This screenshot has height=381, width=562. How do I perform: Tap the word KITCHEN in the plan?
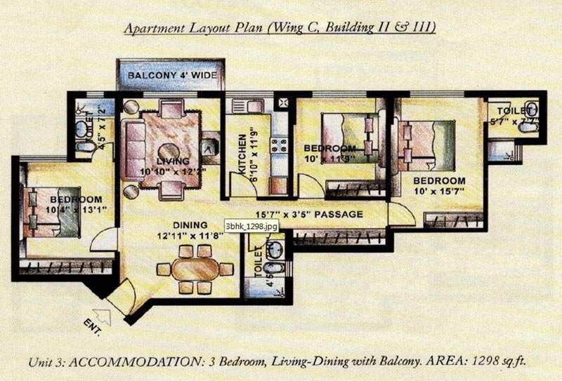tap(241, 154)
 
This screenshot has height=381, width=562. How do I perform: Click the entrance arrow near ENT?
tap(101, 314)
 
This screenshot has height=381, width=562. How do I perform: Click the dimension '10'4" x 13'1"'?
tap(54, 208)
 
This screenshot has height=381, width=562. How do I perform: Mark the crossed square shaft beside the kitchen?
tap(283, 103)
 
